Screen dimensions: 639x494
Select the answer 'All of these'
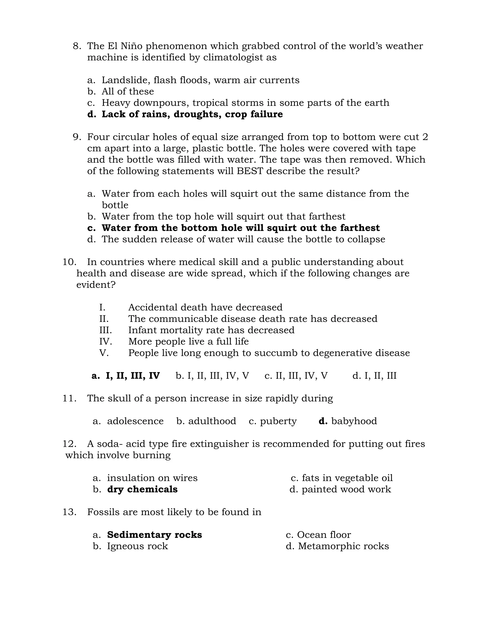(x=128, y=92)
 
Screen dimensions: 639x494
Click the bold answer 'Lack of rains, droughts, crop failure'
(x=192, y=114)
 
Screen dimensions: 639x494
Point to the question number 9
(x=77, y=137)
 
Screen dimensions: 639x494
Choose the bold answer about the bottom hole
(x=240, y=228)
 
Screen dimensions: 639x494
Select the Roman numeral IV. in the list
(x=105, y=342)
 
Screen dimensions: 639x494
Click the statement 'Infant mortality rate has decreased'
(x=211, y=330)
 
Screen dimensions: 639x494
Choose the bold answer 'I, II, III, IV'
(x=133, y=376)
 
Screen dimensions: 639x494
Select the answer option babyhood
(x=354, y=421)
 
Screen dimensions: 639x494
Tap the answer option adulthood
(x=212, y=421)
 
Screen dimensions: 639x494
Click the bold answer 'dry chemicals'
(x=142, y=489)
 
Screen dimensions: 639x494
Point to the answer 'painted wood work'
(x=346, y=489)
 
